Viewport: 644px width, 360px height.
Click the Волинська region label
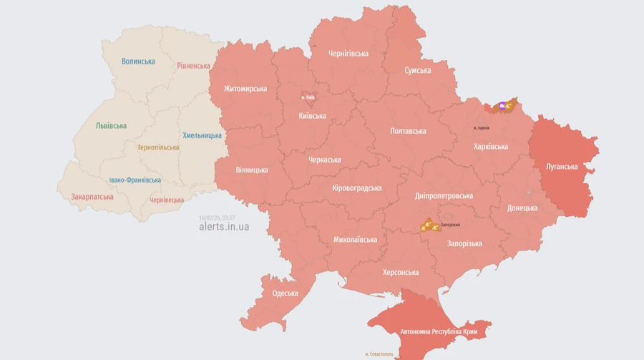138,62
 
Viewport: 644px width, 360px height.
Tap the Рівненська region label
194,66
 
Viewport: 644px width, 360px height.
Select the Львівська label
111,126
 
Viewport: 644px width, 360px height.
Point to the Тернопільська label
158,147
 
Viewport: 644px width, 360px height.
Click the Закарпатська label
92,197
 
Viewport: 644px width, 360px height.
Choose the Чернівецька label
167,200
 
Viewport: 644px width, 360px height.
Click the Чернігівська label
348,54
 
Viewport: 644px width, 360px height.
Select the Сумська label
417,70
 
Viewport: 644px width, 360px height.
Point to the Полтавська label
408,131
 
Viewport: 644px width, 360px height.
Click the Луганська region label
562,167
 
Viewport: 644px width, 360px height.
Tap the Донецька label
522,208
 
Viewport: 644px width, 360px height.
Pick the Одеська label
285,293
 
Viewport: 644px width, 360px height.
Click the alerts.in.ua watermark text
224,227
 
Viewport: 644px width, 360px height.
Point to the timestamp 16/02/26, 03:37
217,218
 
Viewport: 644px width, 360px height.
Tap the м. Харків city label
482,127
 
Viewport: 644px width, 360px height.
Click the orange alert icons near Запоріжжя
429,225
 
